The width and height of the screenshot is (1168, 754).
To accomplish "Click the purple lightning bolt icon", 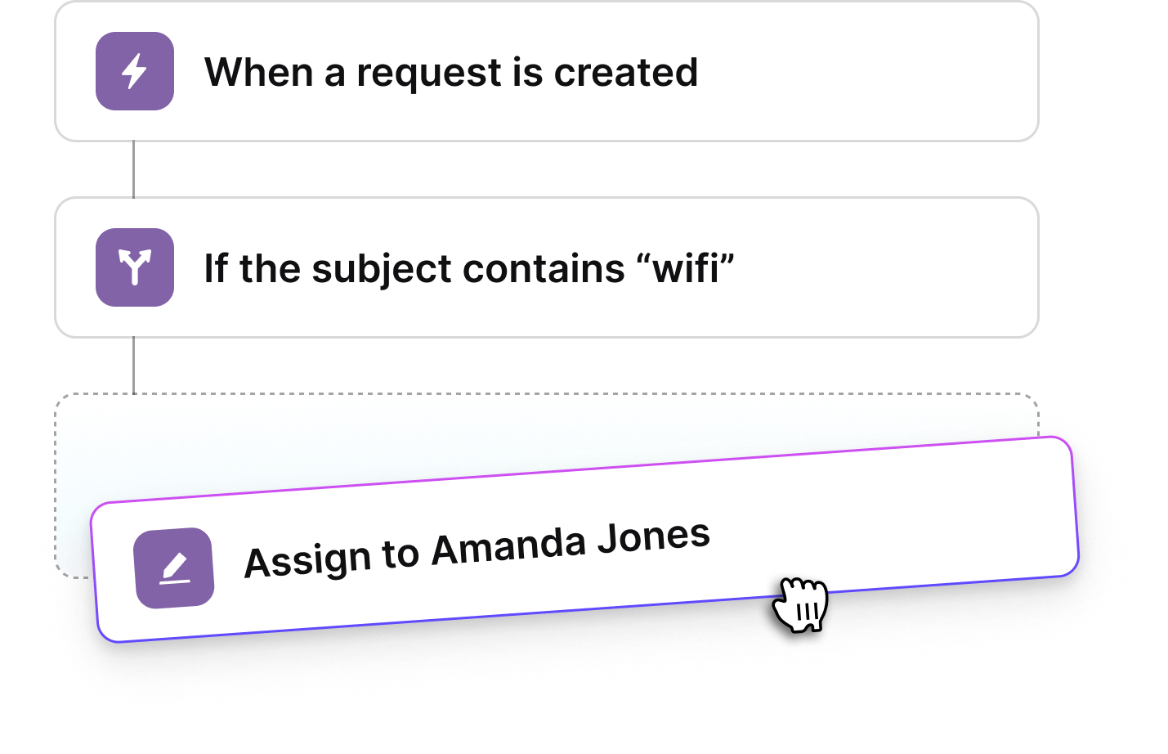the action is (x=135, y=71).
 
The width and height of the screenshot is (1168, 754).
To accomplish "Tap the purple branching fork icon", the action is (x=135, y=267).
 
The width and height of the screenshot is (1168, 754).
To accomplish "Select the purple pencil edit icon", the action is (x=173, y=568).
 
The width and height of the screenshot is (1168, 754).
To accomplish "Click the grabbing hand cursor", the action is (x=800, y=604).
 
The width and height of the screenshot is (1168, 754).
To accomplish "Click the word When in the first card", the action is (x=258, y=72).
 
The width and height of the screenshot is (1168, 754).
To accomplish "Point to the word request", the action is (x=429, y=74).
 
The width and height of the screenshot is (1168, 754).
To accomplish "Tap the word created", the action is (x=626, y=72).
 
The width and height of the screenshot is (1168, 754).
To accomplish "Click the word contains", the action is (x=544, y=268).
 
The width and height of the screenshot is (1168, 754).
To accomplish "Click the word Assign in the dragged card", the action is (x=307, y=560).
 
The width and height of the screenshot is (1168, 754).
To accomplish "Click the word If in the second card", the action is (x=216, y=267).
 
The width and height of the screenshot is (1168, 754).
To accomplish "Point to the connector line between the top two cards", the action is (x=133, y=169).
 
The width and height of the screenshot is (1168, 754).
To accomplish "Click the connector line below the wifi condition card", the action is (x=133, y=366).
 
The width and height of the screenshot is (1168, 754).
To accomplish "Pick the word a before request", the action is (x=335, y=76).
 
